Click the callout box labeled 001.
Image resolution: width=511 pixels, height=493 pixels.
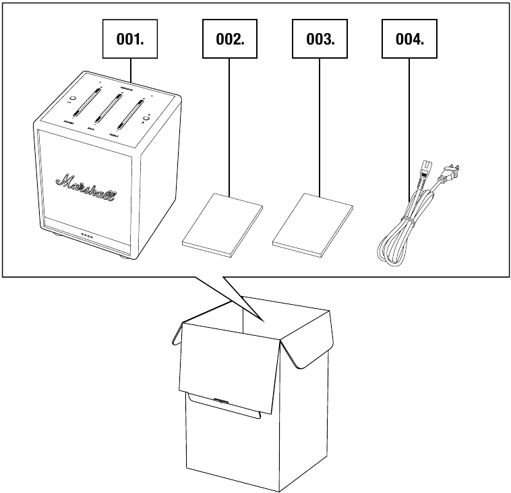(x=130, y=38)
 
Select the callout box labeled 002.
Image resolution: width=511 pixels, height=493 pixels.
(x=230, y=38)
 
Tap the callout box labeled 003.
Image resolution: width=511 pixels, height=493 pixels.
(x=320, y=38)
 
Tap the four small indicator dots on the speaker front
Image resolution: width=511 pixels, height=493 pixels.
(x=86, y=237)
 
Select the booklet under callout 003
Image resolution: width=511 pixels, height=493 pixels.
(x=312, y=223)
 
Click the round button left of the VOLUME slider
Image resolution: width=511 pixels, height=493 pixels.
(x=73, y=100)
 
